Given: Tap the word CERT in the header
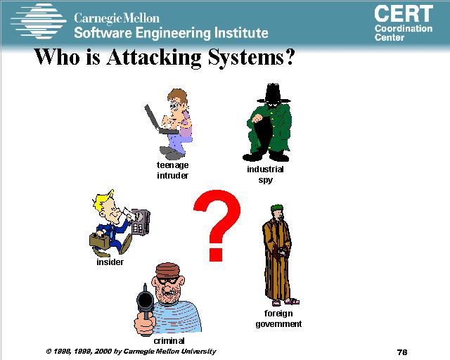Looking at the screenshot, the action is pyautogui.click(x=404, y=13).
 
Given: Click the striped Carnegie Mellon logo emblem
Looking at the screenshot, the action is pyautogui.click(x=38, y=21).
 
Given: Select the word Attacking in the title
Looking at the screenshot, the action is pyautogui.click(x=153, y=58).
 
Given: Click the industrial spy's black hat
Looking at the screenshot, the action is pyautogui.click(x=273, y=94).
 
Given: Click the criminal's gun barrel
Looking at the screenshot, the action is pyautogui.click(x=146, y=300).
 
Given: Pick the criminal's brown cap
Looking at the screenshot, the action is pyautogui.click(x=168, y=271).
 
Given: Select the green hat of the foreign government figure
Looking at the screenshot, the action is pyautogui.click(x=276, y=207).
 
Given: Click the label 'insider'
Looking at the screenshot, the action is pyautogui.click(x=110, y=262).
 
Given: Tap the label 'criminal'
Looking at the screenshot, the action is pyautogui.click(x=169, y=341).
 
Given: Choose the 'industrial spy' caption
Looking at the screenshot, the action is pyautogui.click(x=265, y=174).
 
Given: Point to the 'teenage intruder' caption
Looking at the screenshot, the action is pyautogui.click(x=172, y=170).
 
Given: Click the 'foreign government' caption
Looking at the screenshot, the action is pyautogui.click(x=278, y=319).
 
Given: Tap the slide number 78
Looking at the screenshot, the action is pyautogui.click(x=402, y=352).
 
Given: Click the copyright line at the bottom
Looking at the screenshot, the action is pyautogui.click(x=131, y=352).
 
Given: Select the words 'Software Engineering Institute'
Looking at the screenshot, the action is pyautogui.click(x=171, y=33).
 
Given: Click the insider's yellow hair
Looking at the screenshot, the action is pyautogui.click(x=103, y=199).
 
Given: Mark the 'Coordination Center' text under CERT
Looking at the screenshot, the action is pyautogui.click(x=403, y=33).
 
